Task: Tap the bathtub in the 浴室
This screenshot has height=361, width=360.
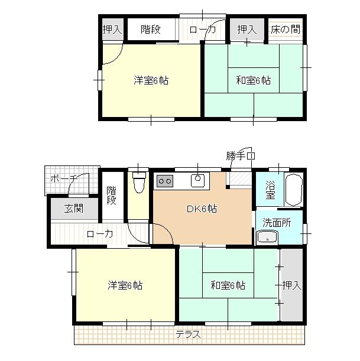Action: (293, 190)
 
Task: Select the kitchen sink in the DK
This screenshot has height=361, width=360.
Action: (196, 180)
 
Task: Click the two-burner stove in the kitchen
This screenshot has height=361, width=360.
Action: (164, 181)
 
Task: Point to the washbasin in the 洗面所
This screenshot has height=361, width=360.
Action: (268, 238)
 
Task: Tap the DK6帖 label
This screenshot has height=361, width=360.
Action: (202, 209)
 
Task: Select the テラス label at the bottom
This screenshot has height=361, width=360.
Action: (188, 335)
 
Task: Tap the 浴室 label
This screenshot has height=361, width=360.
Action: (270, 189)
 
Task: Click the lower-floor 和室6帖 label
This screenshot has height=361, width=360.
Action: (227, 286)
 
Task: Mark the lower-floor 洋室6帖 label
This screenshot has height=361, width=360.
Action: (124, 286)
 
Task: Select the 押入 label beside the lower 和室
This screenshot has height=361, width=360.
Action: (291, 286)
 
